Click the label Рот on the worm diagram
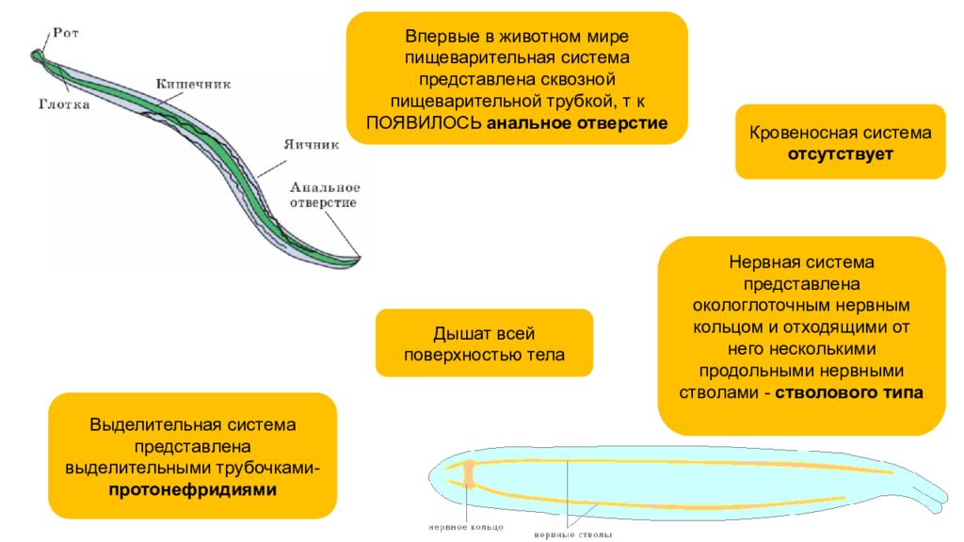tap(67, 34)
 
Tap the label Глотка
tap(64, 105)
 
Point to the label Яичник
tap(311, 145)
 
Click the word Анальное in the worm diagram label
tap(325, 187)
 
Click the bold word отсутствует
tap(840, 153)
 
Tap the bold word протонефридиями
tap(192, 489)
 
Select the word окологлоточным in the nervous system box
tap(752, 304)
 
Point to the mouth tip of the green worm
tap(39, 55)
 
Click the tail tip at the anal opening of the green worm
tap(358, 258)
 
